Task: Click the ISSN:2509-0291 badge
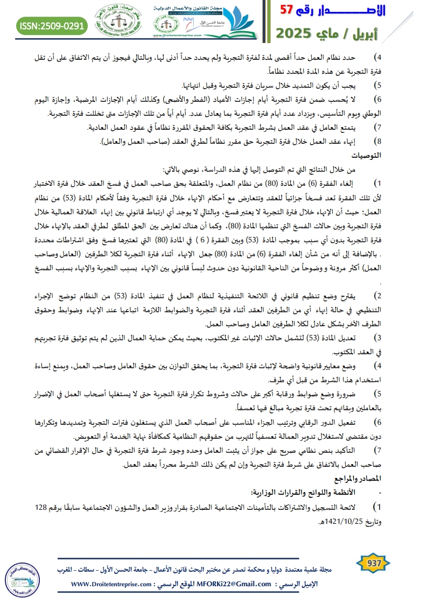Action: (x=52, y=25)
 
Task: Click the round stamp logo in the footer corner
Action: (x=20, y=580)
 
